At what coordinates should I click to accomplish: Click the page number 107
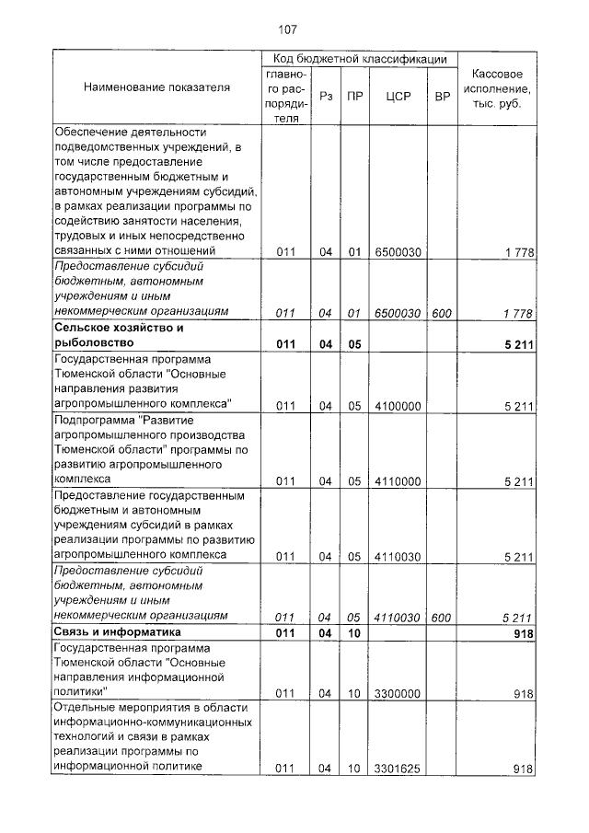click(289, 29)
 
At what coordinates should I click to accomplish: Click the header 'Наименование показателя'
click(157, 87)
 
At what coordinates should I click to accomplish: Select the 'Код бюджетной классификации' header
click(360, 59)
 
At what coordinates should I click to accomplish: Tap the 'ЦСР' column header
click(398, 95)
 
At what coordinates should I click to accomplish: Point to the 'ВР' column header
click(442, 95)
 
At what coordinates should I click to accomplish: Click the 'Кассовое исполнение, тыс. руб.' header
click(497, 87)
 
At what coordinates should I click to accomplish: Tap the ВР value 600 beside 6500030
click(442, 314)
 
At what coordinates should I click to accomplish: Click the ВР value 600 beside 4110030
click(442, 617)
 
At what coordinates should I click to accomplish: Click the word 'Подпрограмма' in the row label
click(91, 420)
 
